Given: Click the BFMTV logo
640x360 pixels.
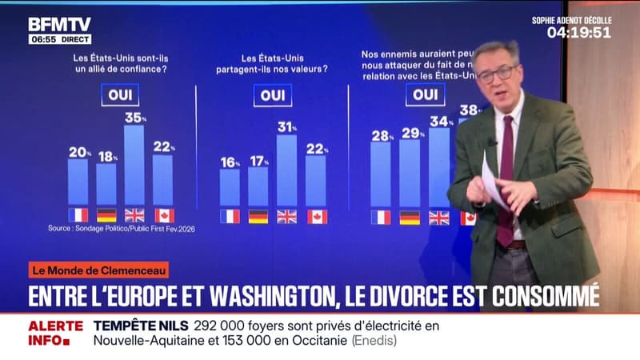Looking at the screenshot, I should (x=59, y=24).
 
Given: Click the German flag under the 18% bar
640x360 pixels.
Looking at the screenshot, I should (x=106, y=214).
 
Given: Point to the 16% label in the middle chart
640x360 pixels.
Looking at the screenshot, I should (x=230, y=162).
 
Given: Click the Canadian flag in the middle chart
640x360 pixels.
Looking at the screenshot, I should (x=317, y=216).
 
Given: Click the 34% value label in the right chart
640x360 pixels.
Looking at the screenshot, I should (x=439, y=122).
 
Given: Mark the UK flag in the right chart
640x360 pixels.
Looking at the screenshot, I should (x=438, y=218).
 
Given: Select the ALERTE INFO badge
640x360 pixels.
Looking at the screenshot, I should (x=55, y=333).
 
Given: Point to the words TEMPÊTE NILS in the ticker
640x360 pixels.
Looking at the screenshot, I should (x=141, y=326).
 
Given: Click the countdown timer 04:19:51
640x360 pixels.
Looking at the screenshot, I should (x=578, y=33).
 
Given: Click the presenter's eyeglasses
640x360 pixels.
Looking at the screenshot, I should (x=496, y=74).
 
